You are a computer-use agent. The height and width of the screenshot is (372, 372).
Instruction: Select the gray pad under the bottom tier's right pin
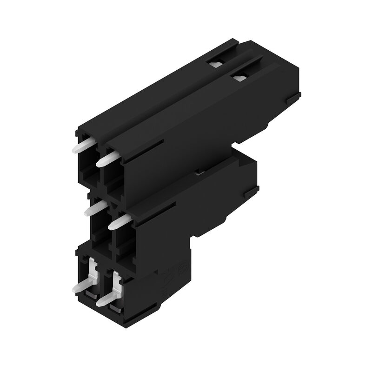click(x=113, y=307)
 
